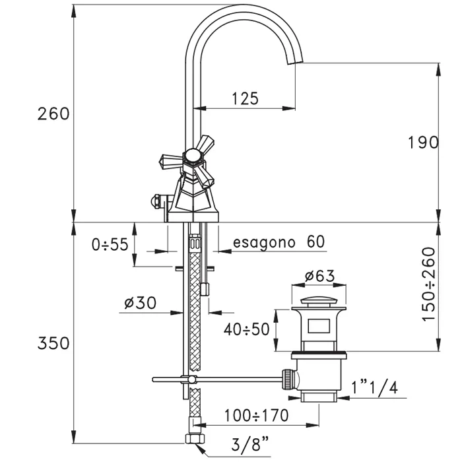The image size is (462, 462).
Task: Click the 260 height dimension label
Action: click(x=53, y=114)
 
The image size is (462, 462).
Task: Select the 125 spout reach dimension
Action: click(x=245, y=99)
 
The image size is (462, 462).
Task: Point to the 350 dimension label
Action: click(x=53, y=344)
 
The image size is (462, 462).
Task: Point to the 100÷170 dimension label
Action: click(x=255, y=415)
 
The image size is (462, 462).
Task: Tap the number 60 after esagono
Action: click(x=315, y=242)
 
